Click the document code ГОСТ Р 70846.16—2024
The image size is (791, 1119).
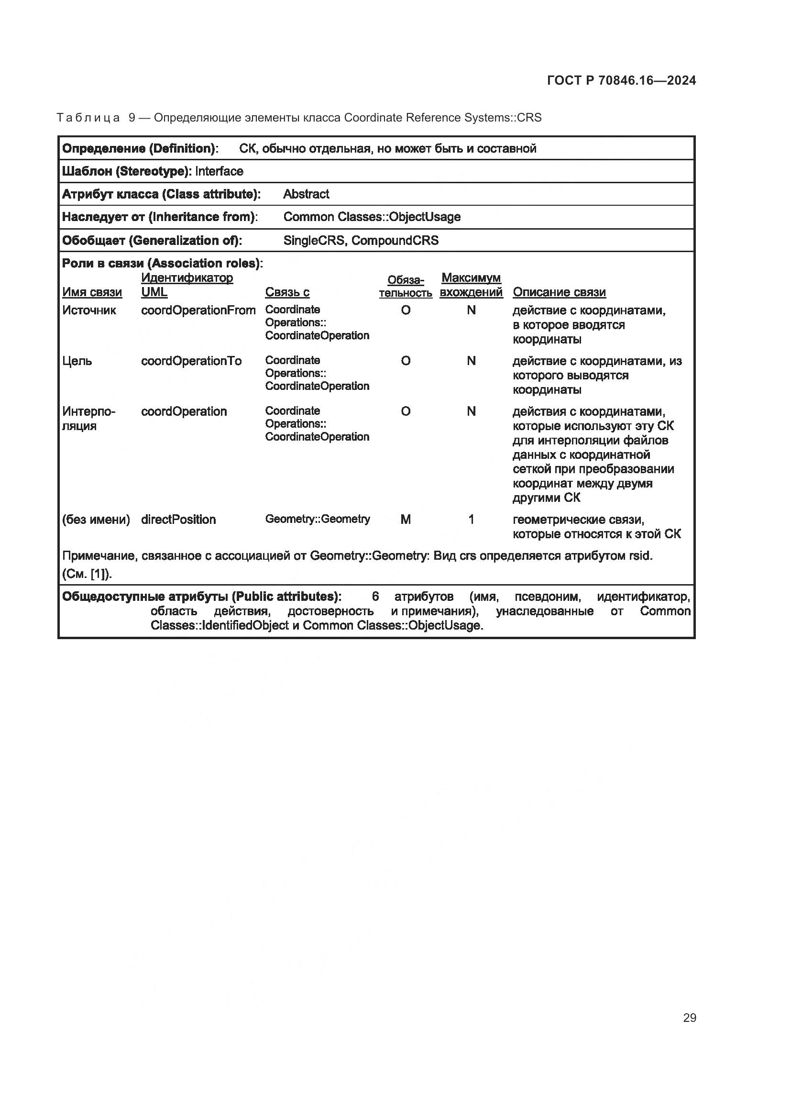(622, 80)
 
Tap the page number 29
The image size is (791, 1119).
(689, 1018)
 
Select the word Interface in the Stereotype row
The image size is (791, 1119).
(219, 171)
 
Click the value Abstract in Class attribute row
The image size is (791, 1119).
(306, 194)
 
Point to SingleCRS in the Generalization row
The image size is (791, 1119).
(314, 240)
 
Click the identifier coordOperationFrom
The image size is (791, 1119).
(198, 310)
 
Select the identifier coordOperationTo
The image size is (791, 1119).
(191, 361)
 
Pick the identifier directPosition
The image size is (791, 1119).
(178, 519)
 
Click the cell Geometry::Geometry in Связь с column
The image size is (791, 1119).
(317, 519)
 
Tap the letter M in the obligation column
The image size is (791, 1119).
(405, 520)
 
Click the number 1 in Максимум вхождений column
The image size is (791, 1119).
(471, 520)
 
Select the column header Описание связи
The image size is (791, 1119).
(559, 292)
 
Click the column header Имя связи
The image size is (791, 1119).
(92, 292)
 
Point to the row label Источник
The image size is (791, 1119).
(89, 310)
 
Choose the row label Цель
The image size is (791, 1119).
(77, 361)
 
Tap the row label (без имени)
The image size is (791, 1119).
(96, 520)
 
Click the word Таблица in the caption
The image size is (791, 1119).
(88, 118)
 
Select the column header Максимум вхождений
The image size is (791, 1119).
(471, 285)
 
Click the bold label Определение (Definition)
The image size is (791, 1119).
(140, 148)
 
